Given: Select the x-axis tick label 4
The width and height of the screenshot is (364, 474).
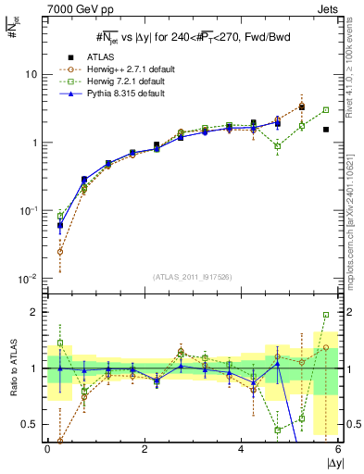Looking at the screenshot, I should tap(241, 448).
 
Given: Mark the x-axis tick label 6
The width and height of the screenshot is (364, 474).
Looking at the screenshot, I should tap(337, 448).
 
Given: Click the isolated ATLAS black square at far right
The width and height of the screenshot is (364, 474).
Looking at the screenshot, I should tap(326, 130).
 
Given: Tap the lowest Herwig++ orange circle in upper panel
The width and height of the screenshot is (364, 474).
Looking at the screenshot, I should tap(60, 251).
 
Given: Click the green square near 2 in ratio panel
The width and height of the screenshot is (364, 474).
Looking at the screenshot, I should tap(326, 315).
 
